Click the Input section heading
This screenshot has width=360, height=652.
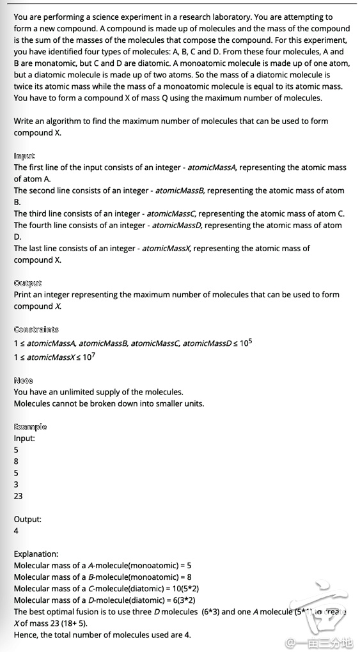[24, 156]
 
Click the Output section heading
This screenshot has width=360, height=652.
[27, 283]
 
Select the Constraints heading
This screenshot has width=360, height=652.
[36, 330]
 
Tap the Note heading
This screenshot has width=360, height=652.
[23, 380]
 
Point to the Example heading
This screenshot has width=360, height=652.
[30, 427]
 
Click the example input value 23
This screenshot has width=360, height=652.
[19, 496]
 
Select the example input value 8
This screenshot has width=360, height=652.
[16, 462]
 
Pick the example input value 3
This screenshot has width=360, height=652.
[16, 485]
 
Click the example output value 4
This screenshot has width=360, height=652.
[16, 531]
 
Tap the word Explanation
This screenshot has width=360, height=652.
[36, 554]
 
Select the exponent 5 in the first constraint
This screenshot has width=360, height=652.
[250, 340]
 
